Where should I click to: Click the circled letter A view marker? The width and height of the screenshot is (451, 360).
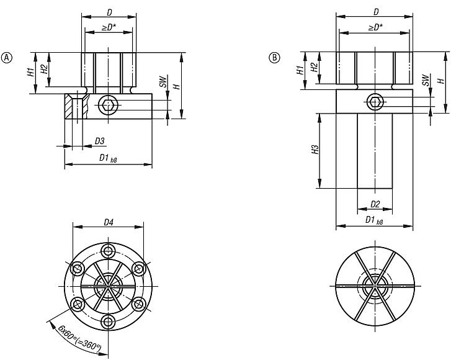point(8,58)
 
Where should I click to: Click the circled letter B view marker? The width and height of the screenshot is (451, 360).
point(273,58)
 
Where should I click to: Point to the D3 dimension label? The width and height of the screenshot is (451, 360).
point(99,141)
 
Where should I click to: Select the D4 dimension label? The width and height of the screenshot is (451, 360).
point(109,222)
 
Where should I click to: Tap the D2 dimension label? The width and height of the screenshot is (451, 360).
point(375,204)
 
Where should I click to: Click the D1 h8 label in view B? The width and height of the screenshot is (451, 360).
point(374,220)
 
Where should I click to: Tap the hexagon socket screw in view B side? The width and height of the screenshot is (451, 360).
point(375,102)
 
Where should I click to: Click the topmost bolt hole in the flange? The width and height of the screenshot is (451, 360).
point(109,250)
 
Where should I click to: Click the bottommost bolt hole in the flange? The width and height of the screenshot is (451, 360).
point(109,322)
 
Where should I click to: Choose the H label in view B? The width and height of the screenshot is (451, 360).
point(440,81)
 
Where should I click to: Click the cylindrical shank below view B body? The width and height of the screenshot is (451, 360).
point(375,152)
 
